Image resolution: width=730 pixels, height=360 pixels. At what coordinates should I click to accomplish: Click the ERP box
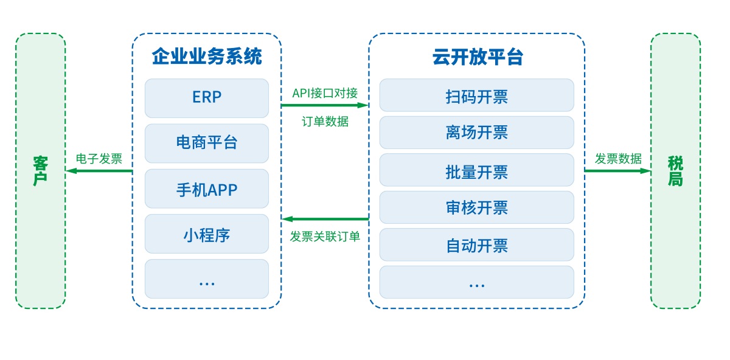coord(207,98)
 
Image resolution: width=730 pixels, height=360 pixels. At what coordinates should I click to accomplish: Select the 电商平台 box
coord(207,144)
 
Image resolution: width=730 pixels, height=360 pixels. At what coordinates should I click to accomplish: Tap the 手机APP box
coord(207,189)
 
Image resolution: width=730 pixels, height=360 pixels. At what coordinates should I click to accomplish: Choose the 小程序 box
coord(207,234)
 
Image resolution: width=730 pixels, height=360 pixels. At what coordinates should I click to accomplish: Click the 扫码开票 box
coord(476,95)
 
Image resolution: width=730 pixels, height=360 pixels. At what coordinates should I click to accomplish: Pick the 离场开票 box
coord(476,133)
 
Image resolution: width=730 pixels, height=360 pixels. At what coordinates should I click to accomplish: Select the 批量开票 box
coord(476,170)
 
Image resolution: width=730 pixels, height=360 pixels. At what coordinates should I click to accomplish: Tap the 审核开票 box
coord(476,207)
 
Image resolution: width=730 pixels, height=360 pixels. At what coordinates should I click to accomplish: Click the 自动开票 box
coord(476,244)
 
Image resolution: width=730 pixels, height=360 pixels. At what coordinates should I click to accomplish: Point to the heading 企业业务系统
coord(207,57)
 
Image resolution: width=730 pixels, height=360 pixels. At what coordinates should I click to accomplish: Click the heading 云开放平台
coord(478,57)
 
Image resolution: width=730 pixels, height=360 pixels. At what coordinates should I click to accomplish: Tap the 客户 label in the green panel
coord(40,171)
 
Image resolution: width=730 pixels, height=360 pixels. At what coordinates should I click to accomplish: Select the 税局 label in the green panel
coord(675,171)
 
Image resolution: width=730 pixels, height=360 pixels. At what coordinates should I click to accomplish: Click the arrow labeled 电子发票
coord(99,171)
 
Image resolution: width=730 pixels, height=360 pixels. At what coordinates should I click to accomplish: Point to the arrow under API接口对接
coord(325,105)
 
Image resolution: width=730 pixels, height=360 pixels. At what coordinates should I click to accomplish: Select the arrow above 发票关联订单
coord(325,219)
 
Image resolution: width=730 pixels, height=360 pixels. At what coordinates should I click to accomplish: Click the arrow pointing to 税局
coord(617,171)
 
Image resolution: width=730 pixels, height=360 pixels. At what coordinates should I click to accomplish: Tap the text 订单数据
coord(325,122)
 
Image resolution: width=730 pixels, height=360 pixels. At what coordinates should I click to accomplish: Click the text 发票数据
coord(618,159)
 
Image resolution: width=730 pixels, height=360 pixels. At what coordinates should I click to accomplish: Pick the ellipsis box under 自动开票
coord(476,282)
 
